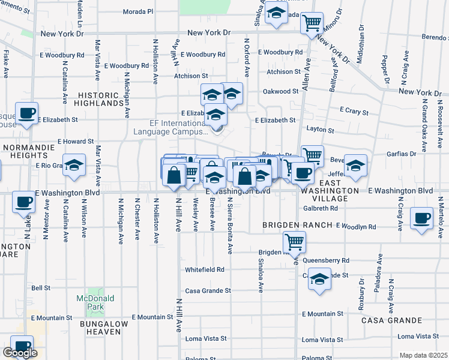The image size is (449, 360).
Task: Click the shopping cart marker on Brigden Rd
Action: coord(294,242)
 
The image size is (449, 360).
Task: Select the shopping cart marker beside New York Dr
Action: coord(312,23)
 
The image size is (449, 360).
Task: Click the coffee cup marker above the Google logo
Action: coord(23,346)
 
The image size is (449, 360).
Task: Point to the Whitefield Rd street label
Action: coord(204,270)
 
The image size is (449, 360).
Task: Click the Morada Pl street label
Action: coord(138,11)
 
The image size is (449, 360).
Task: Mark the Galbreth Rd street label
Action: coord(321,208)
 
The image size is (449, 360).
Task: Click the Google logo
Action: coord(20,353)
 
